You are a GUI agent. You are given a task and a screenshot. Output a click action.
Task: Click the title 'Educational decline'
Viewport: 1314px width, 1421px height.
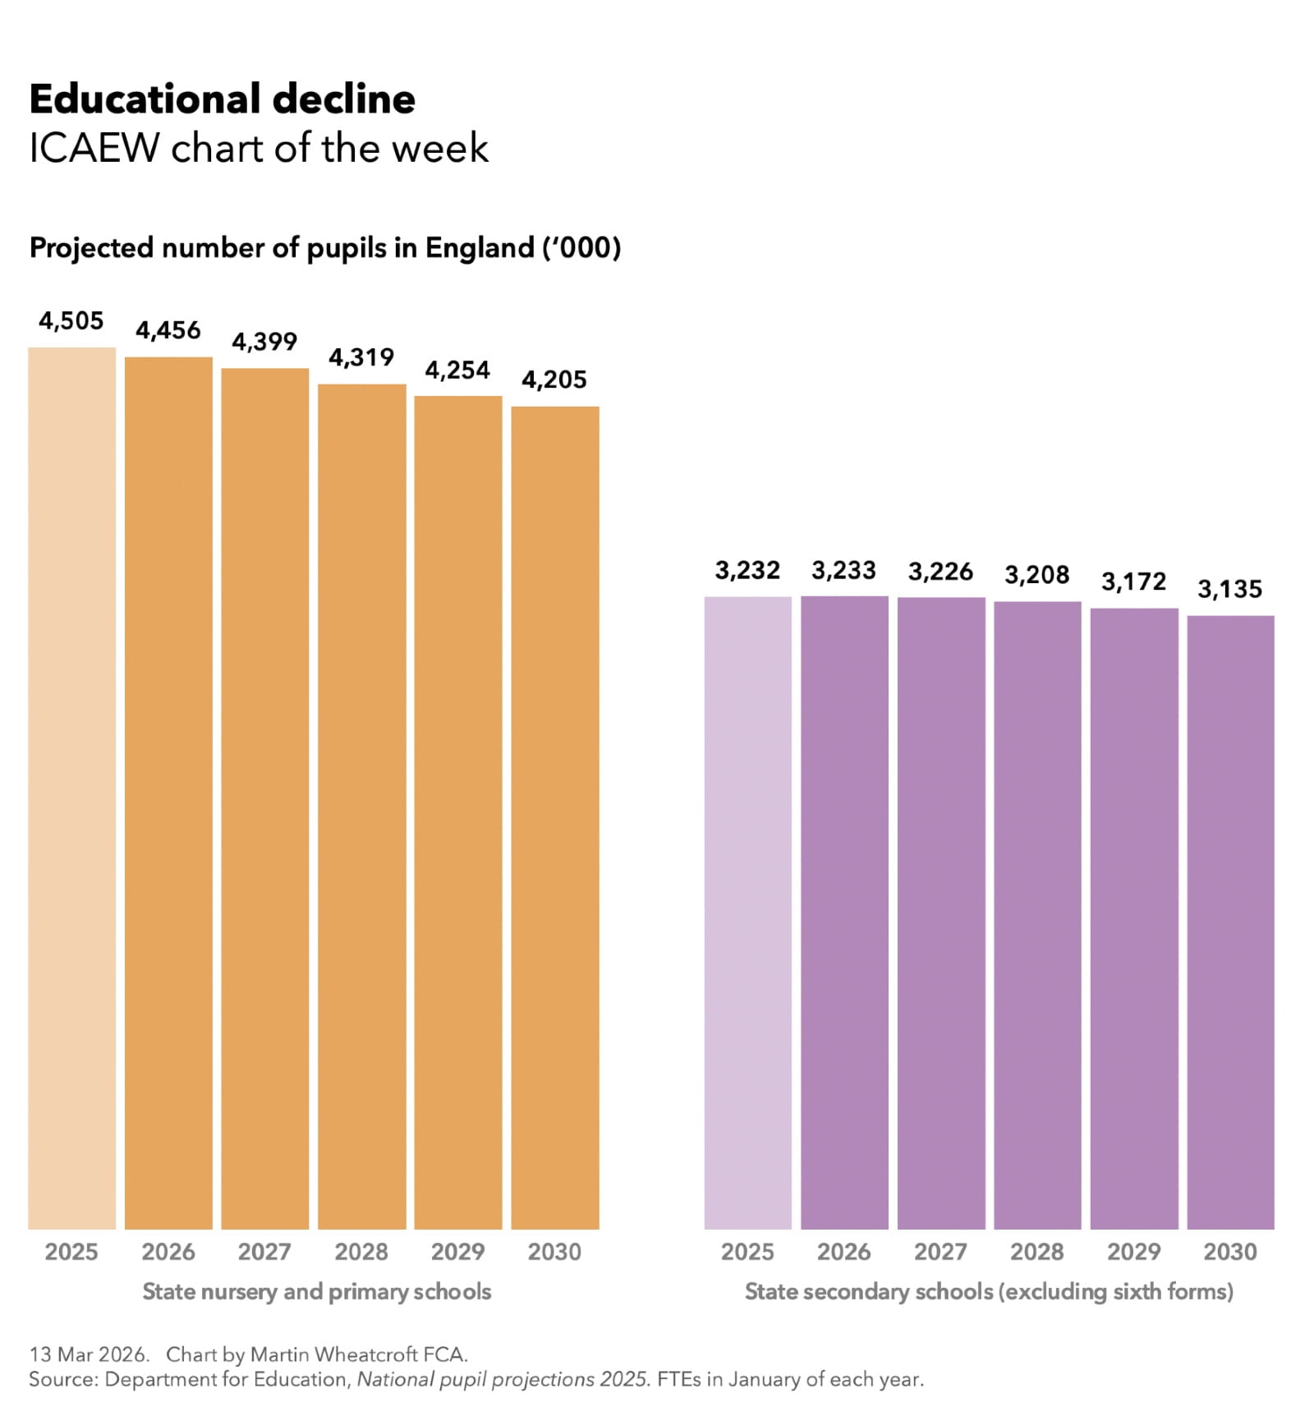pos(222,99)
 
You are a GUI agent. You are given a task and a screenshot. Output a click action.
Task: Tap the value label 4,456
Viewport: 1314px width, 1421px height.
pos(168,330)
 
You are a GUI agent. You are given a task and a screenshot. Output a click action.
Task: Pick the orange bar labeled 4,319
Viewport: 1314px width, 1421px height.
pos(361,805)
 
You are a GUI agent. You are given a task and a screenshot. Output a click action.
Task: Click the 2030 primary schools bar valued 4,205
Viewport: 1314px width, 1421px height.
pos(554,816)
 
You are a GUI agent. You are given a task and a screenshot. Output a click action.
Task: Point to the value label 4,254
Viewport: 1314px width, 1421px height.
pos(457,370)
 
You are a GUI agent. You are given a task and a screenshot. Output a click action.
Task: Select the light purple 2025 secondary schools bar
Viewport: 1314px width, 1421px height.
pos(747,912)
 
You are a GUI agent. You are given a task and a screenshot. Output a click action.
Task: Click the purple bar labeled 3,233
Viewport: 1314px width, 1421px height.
pos(843,912)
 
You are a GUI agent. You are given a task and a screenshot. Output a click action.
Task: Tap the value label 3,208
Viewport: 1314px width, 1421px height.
pos(1036,574)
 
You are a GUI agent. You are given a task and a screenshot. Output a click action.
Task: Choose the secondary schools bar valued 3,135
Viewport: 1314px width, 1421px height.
pos(1229,921)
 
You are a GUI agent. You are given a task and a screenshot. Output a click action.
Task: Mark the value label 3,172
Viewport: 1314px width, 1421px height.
pos(1133,582)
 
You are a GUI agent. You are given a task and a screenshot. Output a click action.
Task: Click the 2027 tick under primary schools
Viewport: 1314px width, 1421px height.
pos(264,1251)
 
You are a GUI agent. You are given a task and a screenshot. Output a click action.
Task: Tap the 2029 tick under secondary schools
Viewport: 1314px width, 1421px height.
pos(1133,1251)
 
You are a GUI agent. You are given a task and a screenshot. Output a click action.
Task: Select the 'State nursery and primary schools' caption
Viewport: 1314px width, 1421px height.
pos(316,1291)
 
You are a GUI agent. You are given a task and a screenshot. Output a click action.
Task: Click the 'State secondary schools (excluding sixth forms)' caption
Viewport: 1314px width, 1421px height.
pos(989,1291)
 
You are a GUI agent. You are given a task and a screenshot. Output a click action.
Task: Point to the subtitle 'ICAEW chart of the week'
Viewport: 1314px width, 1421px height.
pos(259,149)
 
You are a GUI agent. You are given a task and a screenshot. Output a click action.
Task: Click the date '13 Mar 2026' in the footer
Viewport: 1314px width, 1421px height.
pos(89,1354)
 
